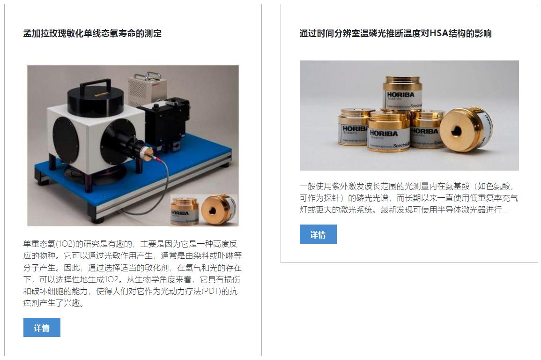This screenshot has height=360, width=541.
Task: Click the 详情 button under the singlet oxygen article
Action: coord(42,327)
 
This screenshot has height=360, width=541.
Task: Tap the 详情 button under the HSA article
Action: coord(318,234)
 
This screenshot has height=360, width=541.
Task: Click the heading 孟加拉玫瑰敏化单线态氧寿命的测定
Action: coord(92,33)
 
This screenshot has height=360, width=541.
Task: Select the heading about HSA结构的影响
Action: coord(395,33)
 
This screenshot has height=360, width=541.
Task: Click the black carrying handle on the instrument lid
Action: coord(95,86)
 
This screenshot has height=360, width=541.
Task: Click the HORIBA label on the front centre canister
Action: coord(384,133)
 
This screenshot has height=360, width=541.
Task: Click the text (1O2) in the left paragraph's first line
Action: coord(66,244)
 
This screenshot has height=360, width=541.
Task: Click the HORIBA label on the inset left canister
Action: coord(180,213)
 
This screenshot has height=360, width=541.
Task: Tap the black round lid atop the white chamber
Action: coord(96,101)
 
